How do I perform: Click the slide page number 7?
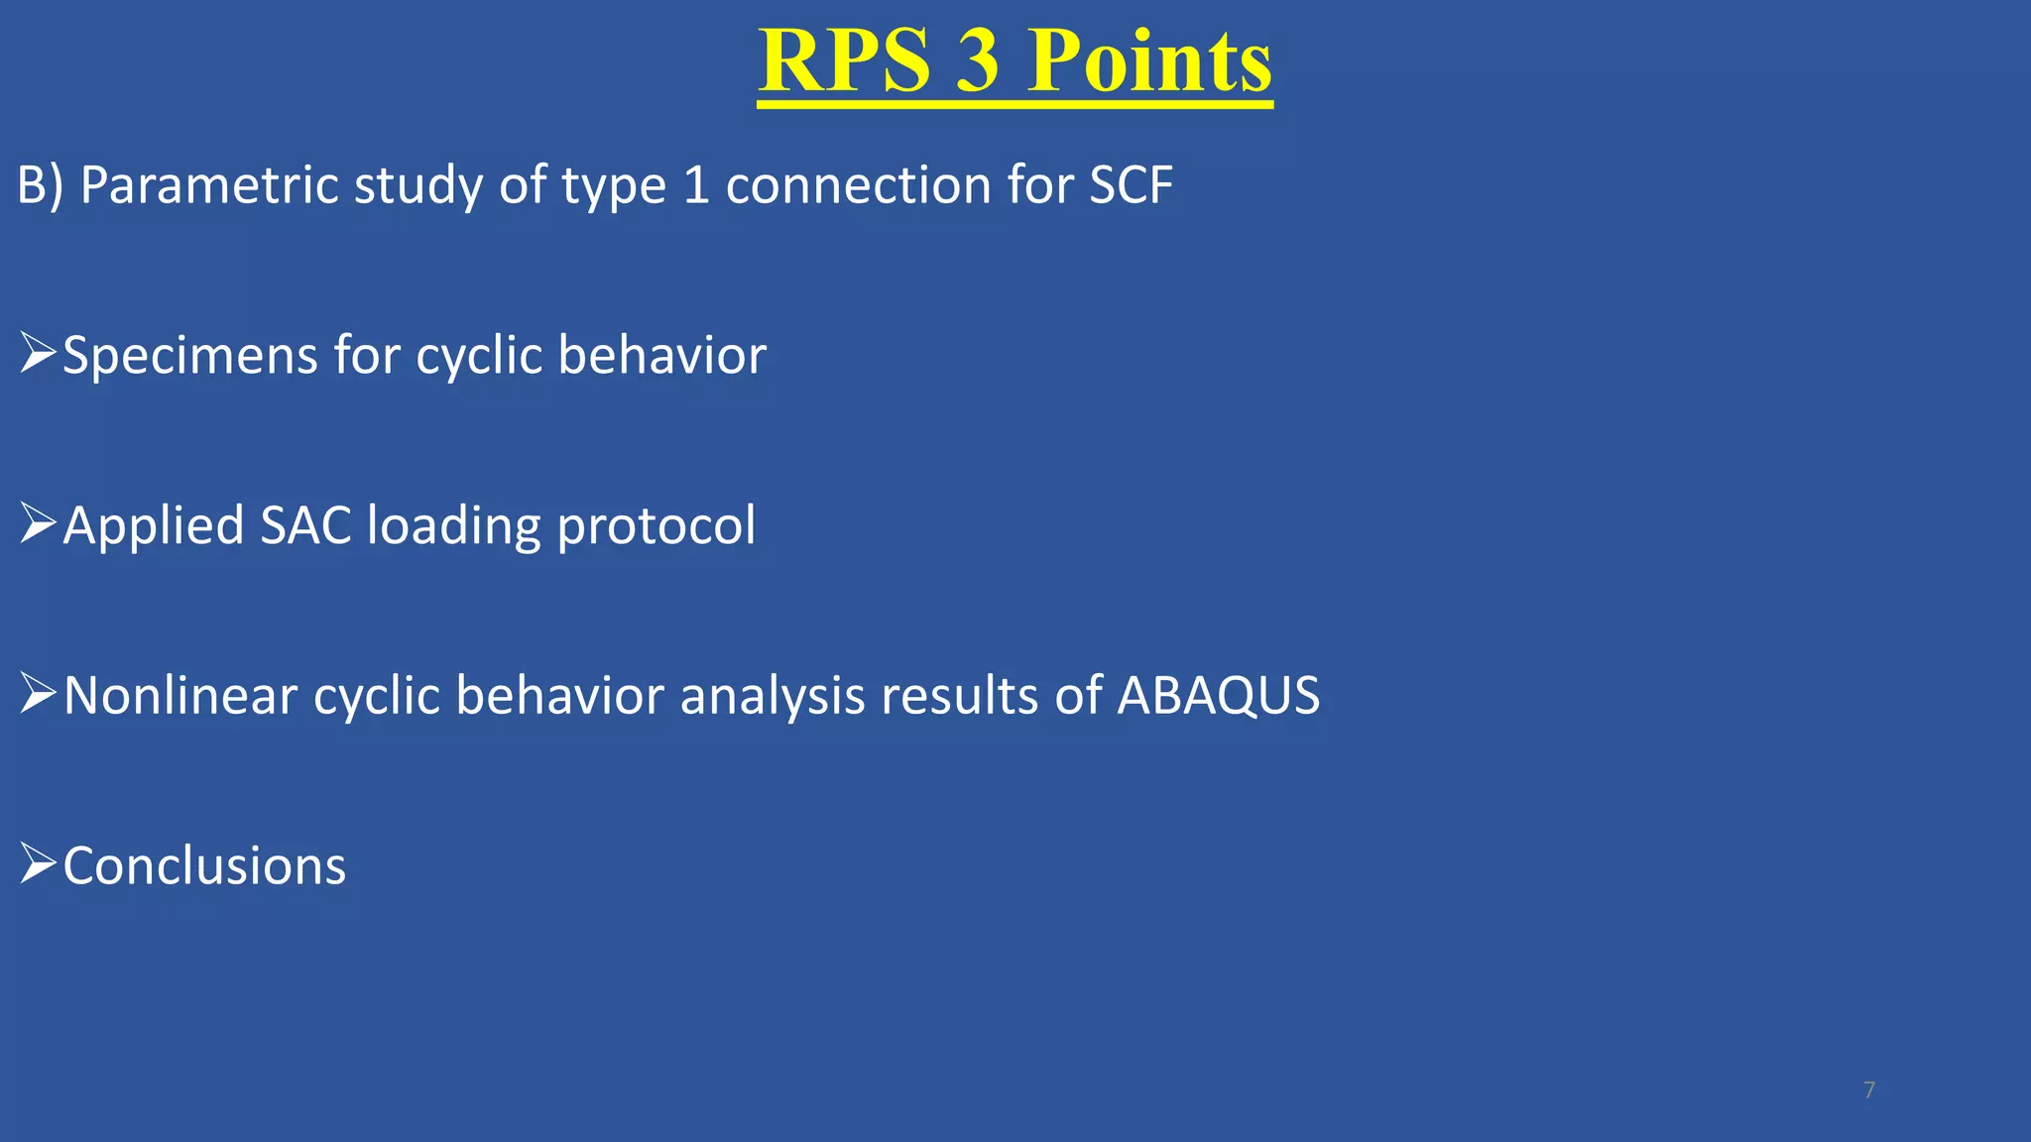[x=1868, y=1090]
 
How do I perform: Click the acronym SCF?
[x=1131, y=185]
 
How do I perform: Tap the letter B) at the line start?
[x=40, y=185]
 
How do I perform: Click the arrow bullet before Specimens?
[x=38, y=354]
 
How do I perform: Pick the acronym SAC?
[x=305, y=525]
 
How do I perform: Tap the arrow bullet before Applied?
[x=38, y=523]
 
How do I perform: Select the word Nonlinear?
[x=180, y=696]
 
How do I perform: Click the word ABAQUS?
[x=1218, y=696]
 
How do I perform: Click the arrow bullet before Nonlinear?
[x=38, y=694]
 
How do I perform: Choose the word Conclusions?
[x=204, y=866]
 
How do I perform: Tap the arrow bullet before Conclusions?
[x=38, y=864]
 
